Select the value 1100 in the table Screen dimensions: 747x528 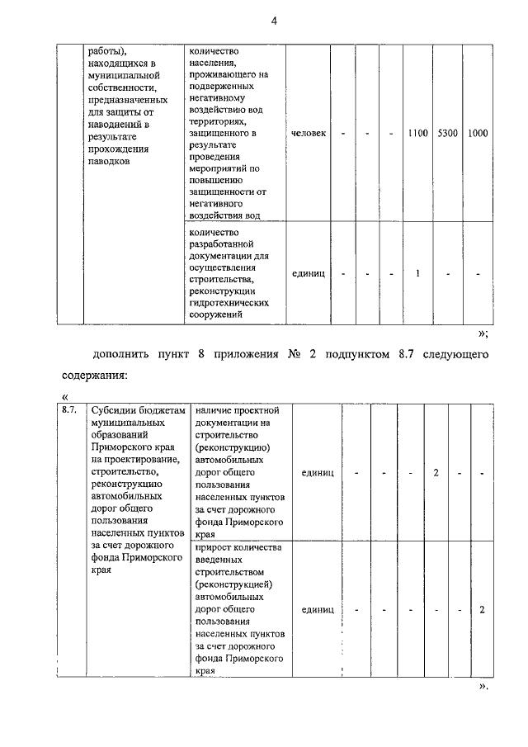(x=417, y=133)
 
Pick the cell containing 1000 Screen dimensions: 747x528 (x=478, y=133)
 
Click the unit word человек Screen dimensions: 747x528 (x=309, y=133)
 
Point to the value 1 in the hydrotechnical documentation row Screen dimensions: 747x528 (x=418, y=274)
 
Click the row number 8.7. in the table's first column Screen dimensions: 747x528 (x=69, y=410)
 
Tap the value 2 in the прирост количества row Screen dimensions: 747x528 (x=481, y=610)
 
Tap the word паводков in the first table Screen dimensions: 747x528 (x=111, y=162)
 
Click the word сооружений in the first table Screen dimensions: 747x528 (x=217, y=314)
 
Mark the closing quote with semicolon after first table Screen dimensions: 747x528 (x=483, y=333)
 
